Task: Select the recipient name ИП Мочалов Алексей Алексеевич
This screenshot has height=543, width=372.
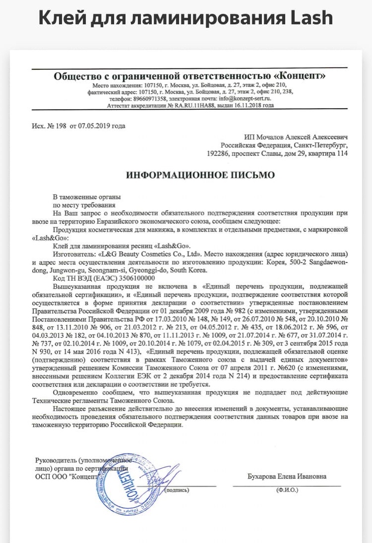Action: [x=295, y=137]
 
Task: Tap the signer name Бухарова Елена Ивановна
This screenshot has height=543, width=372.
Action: [x=287, y=477]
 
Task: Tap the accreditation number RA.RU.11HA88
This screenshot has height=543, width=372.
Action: [x=196, y=106]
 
